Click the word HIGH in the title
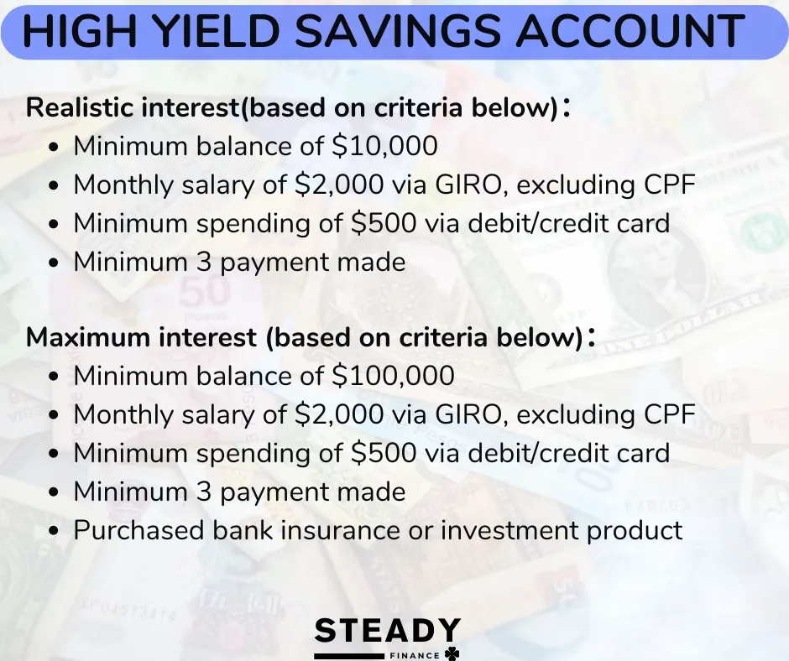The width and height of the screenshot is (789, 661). tap(80, 30)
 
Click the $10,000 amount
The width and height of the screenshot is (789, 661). tap(385, 146)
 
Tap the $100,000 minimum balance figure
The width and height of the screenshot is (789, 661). tap(393, 375)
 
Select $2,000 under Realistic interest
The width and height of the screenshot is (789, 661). tap(339, 184)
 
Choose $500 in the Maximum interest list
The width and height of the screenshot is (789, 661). tap(384, 452)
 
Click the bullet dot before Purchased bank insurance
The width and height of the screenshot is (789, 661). tap(55, 530)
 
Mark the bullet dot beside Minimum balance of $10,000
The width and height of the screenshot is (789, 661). tap(55, 147)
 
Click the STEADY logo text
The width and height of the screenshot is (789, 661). tap(388, 631)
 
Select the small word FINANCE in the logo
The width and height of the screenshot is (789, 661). tap(415, 655)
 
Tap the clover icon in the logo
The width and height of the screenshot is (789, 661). tap(452, 653)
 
